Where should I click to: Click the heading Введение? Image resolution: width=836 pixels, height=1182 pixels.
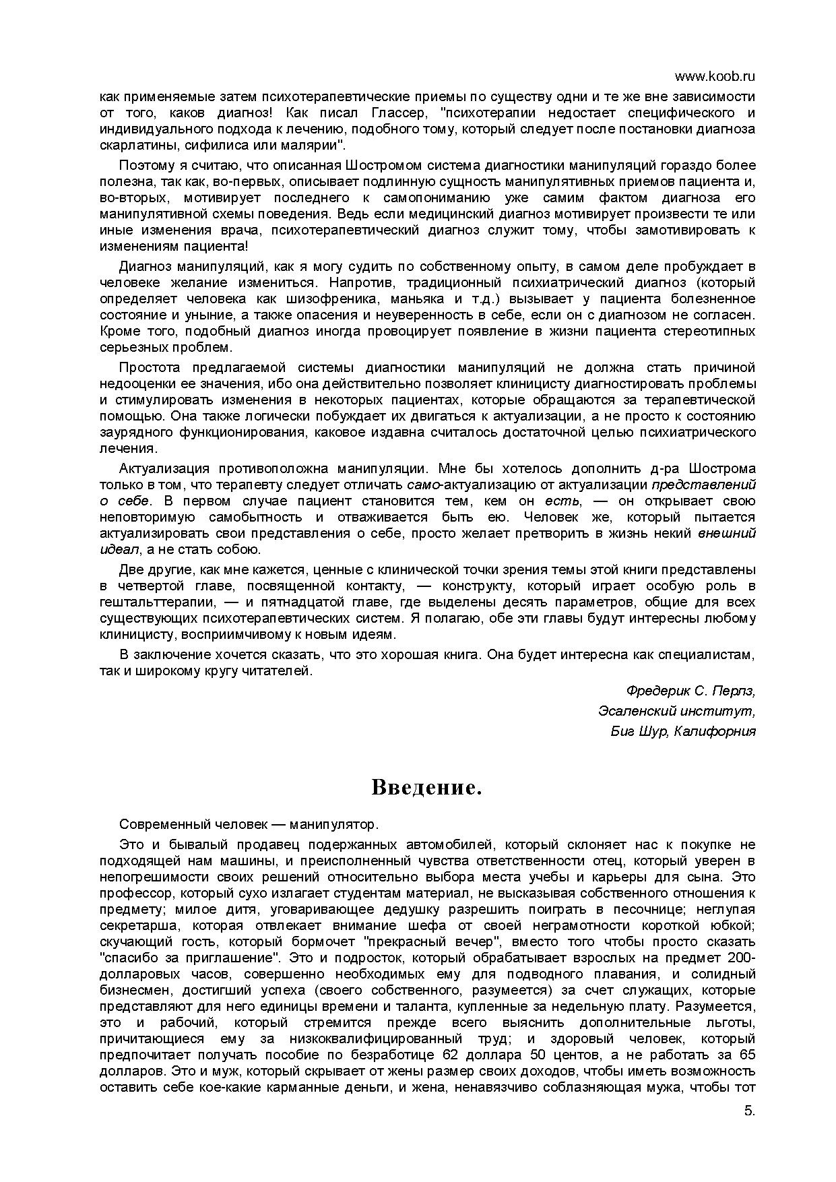tap(426, 787)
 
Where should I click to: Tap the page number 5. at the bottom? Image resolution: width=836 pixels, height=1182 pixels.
tap(750, 1130)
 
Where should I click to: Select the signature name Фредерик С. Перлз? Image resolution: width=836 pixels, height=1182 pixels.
tap(690, 691)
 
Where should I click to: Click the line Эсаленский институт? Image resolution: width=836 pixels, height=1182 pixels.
tap(676, 711)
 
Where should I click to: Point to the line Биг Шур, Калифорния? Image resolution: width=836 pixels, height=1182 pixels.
tap(683, 731)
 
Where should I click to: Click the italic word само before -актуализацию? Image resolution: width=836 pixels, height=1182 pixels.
tap(423, 485)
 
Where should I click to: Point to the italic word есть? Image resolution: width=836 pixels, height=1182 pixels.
tap(558, 501)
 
